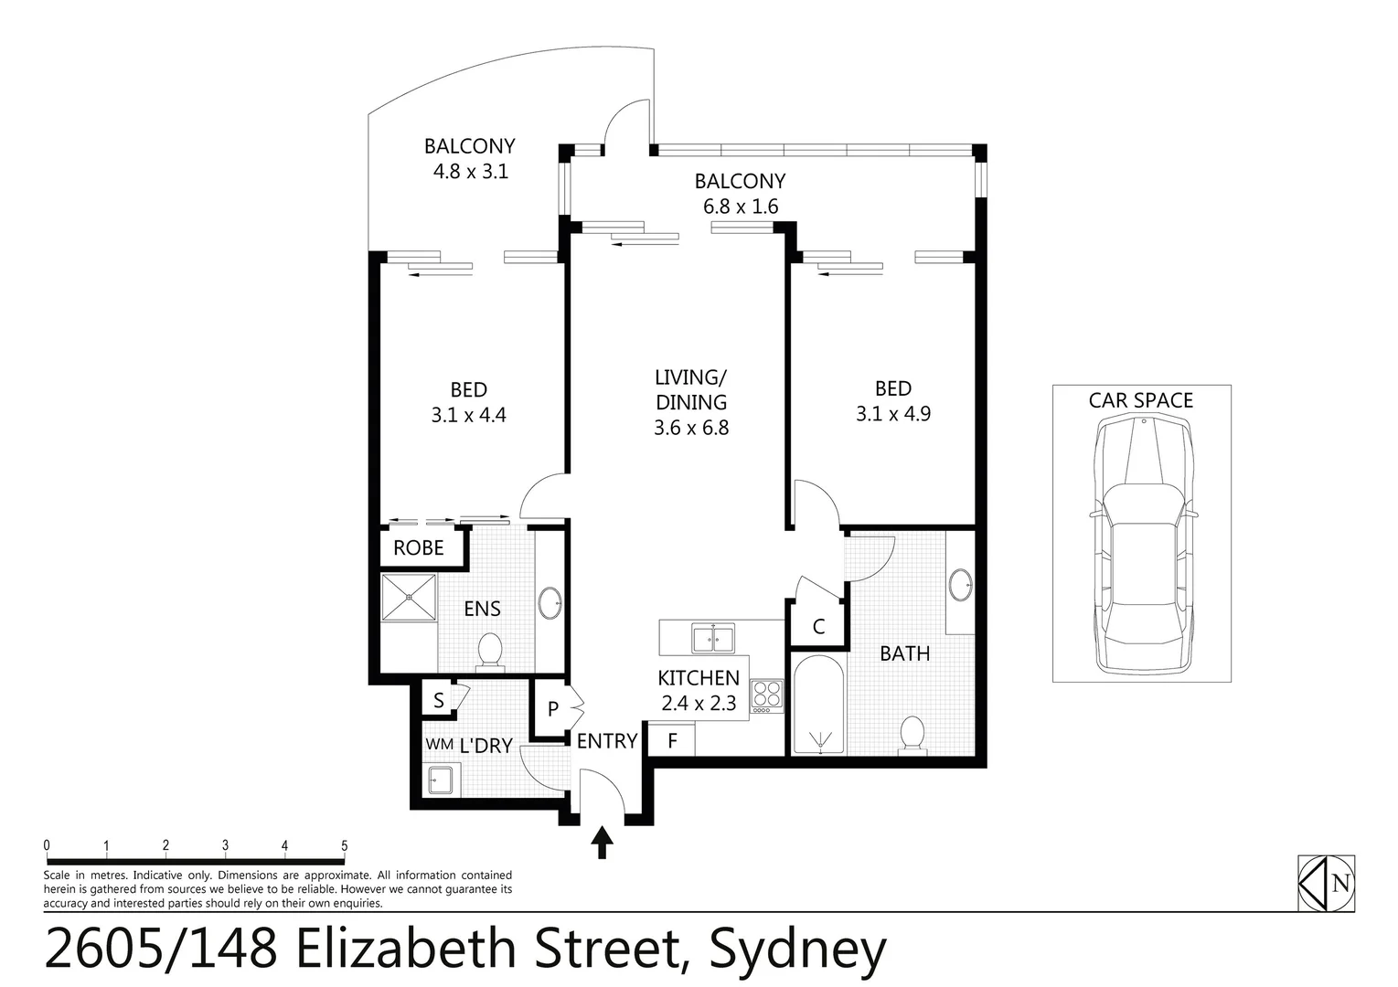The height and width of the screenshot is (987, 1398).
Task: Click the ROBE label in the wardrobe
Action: tap(418, 548)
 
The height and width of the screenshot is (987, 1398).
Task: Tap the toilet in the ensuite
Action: tap(490, 652)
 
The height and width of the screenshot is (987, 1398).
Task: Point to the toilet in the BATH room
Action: tap(912, 735)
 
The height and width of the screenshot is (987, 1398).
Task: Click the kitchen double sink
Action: tap(712, 638)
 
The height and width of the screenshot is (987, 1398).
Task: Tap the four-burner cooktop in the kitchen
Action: tap(766, 696)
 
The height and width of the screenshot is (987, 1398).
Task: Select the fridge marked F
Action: tap(672, 740)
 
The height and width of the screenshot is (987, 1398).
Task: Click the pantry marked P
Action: tap(552, 709)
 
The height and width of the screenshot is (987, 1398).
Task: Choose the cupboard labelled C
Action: tap(818, 627)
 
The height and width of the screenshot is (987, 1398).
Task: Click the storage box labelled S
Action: tap(439, 701)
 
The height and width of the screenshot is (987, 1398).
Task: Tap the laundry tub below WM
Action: tap(442, 781)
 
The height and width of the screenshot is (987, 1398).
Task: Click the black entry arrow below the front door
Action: tap(602, 842)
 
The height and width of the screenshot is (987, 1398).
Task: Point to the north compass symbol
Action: tap(1326, 884)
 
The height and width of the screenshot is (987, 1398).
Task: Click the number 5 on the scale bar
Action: tap(344, 845)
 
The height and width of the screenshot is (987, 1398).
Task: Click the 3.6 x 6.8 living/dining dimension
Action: tap(691, 428)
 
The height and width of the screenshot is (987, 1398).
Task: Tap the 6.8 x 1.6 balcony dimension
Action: tap(741, 207)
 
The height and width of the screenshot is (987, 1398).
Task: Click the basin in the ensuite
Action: tap(550, 603)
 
